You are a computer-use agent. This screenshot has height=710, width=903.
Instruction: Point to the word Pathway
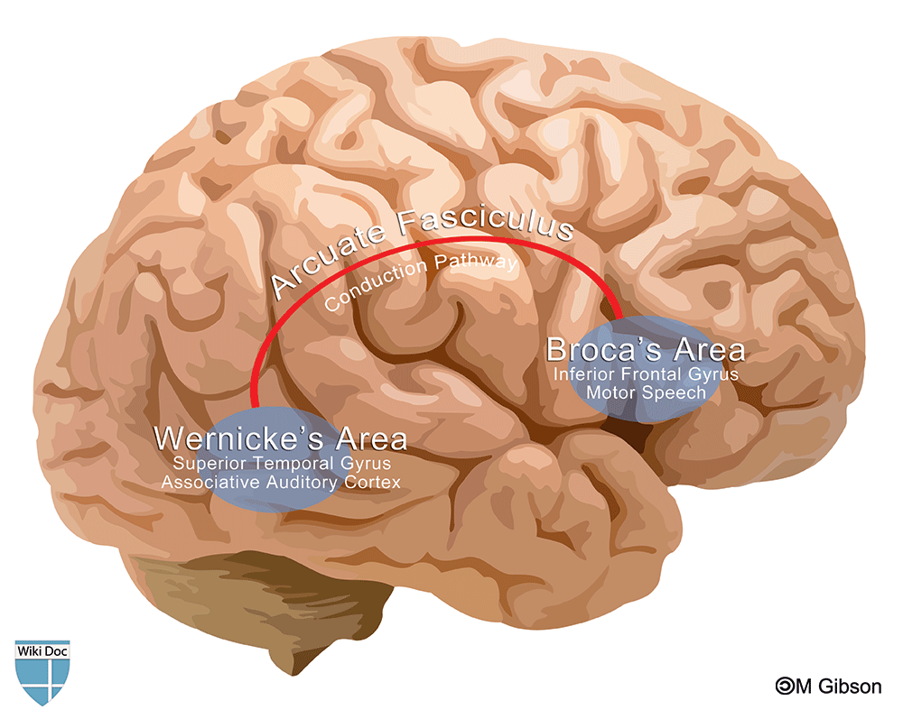[476, 262]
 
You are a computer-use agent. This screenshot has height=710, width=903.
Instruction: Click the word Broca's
[603, 350]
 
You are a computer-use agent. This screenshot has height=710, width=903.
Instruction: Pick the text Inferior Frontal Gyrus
[646, 374]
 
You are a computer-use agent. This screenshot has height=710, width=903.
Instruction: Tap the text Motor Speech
[646, 393]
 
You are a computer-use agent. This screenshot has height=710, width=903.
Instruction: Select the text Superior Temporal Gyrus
[282, 464]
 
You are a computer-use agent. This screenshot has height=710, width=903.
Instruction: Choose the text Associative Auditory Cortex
[281, 482]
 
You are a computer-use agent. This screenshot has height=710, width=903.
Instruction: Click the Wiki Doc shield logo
[42, 672]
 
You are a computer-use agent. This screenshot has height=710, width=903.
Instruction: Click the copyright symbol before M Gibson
[785, 686]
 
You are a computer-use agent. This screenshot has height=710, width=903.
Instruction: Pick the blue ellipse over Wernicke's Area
[272, 459]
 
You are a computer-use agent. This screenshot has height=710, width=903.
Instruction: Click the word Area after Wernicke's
[371, 439]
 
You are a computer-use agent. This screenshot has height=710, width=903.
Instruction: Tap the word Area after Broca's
[710, 350]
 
